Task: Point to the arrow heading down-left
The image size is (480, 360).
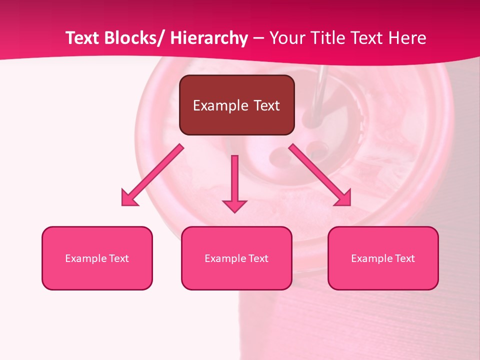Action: pos(153,175)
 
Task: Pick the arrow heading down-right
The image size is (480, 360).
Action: pos(320,175)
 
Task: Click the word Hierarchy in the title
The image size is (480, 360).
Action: pos(208,38)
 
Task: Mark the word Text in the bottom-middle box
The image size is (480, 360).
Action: pos(258,258)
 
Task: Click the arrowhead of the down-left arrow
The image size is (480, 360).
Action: pos(129,198)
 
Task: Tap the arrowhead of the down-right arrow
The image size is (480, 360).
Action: pos(343,198)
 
